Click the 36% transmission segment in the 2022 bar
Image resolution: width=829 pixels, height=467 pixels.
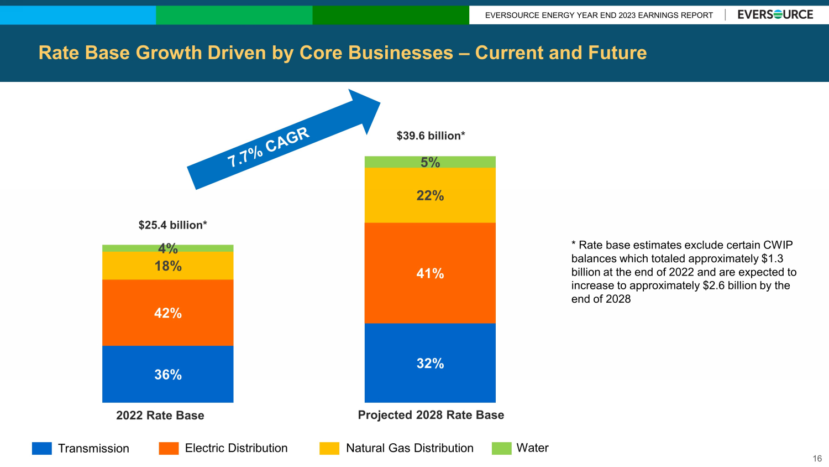(167, 374)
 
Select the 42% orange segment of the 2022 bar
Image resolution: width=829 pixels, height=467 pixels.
(167, 313)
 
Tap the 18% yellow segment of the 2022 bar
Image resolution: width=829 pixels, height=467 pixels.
(167, 266)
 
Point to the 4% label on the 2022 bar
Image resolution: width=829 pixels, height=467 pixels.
(168, 248)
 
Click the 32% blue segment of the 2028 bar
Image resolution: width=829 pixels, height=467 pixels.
(430, 363)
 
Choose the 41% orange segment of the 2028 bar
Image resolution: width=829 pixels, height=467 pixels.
(430, 273)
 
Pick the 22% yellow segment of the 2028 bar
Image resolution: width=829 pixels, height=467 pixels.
(430, 195)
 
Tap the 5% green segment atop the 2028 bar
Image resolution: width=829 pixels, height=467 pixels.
(430, 162)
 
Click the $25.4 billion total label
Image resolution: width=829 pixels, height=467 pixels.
(173, 225)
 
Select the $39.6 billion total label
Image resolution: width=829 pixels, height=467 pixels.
(431, 136)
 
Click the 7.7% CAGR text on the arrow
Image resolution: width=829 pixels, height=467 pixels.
(268, 147)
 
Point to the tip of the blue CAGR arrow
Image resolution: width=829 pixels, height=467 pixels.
(380, 102)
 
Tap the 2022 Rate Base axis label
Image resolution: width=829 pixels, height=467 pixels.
(160, 415)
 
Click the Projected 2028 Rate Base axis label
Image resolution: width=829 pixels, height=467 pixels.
(431, 415)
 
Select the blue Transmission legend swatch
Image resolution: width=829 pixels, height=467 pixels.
(42, 448)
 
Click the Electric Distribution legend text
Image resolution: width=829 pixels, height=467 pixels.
(236, 448)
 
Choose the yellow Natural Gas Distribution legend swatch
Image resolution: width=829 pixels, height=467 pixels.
(329, 448)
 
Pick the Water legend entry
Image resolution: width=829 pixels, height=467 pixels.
(520, 448)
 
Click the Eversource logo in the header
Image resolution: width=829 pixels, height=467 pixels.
(775, 14)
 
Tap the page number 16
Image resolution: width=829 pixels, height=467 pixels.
(817, 459)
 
